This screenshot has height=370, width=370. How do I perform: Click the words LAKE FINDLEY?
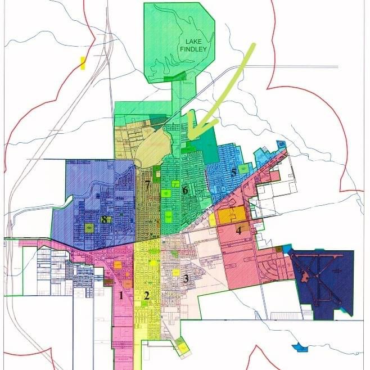click(x=193, y=45)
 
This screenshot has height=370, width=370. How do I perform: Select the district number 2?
click(x=146, y=295)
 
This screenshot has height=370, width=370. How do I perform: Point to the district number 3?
click(x=185, y=278)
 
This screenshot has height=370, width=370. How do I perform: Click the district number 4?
click(x=238, y=229)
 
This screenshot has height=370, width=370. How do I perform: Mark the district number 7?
click(x=147, y=184)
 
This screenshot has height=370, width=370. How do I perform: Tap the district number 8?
click(x=104, y=219)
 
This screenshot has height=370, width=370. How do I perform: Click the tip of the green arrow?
click(x=189, y=138)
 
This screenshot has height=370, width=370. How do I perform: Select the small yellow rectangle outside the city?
click(x=83, y=62)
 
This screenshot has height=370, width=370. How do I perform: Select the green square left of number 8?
click(x=89, y=228)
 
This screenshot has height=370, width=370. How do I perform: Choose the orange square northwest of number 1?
click(x=118, y=264)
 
